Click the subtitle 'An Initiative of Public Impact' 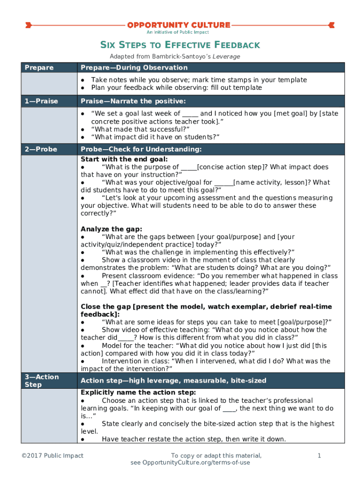click(x=178, y=32)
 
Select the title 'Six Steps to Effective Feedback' click(x=180, y=45)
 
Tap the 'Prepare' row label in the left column click(x=39, y=68)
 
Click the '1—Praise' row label click(x=42, y=101)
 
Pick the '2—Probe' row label click(x=41, y=149)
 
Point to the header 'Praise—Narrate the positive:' click(x=133, y=101)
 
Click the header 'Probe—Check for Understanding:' click(x=141, y=149)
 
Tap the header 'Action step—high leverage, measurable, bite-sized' click(x=173, y=380)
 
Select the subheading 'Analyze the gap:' click(x=111, y=229)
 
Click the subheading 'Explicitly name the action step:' click(x=138, y=392)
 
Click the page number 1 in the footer click(x=318, y=456)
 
